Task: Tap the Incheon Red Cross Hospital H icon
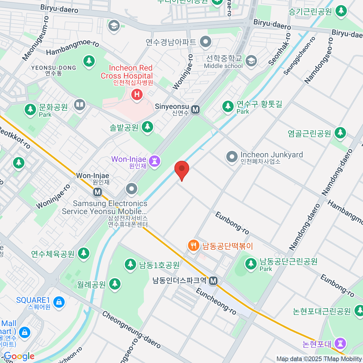coord(137,95)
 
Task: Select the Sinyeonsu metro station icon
coord(196,110)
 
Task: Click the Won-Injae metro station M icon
coord(97,192)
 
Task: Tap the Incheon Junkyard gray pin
coord(232,157)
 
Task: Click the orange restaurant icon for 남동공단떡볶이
coord(193,245)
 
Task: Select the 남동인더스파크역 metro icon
coord(214,281)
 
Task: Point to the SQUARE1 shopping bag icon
coord(59,302)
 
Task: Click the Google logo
coord(19,356)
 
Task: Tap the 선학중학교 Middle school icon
coord(251,61)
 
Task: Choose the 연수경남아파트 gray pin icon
coord(206,42)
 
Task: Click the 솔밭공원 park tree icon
coord(147,127)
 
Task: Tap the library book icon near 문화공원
coord(80,105)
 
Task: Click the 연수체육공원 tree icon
coord(84,253)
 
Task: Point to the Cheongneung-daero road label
coord(131,330)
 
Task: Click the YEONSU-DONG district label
coord(54,70)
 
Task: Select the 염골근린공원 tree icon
coord(340,132)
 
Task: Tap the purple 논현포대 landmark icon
coord(340,343)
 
